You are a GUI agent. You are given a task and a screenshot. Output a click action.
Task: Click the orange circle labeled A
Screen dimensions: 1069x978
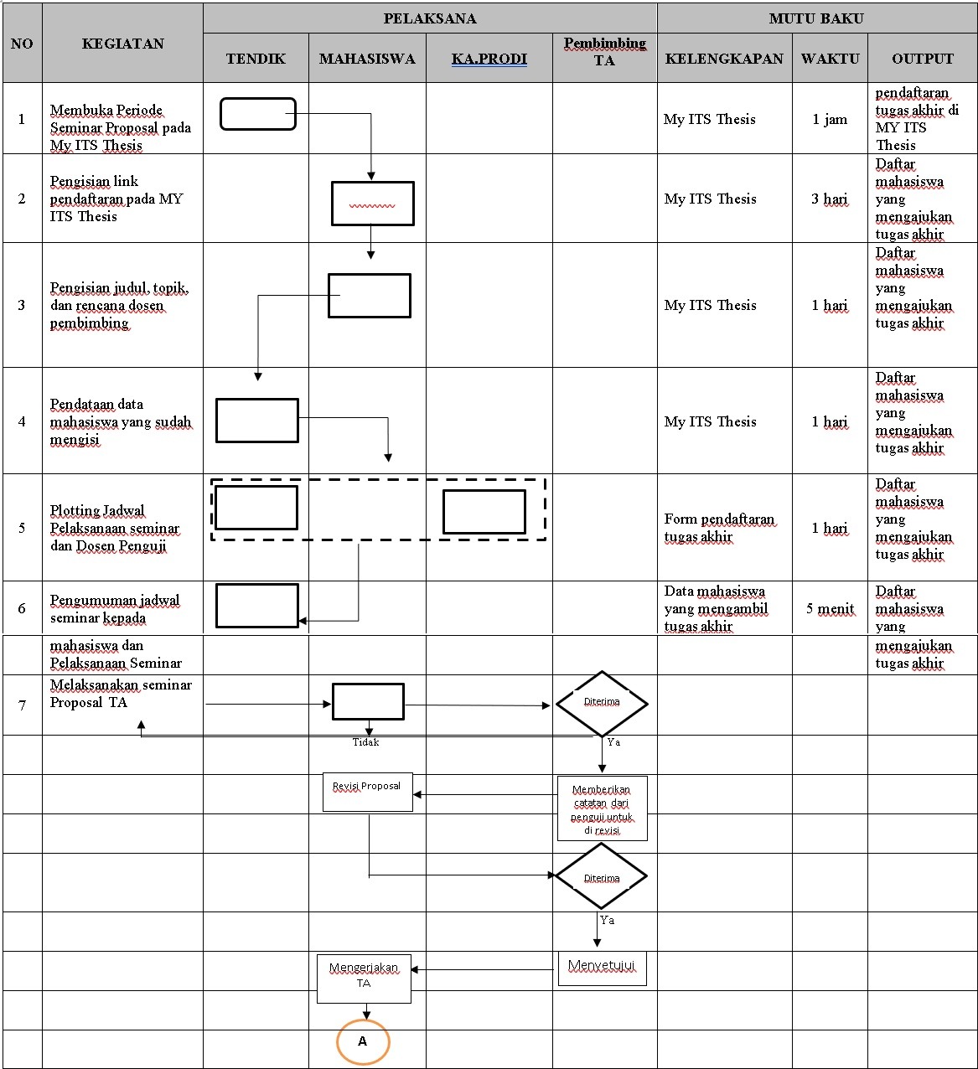click(x=363, y=1041)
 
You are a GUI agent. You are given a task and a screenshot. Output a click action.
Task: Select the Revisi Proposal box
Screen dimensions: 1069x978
click(x=367, y=791)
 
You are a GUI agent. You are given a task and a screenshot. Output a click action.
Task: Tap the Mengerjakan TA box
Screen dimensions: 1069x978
click(x=364, y=978)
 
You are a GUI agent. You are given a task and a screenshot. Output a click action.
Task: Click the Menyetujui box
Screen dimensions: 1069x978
click(x=602, y=968)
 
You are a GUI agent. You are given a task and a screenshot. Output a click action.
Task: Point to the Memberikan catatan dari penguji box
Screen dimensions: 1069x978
click(x=602, y=808)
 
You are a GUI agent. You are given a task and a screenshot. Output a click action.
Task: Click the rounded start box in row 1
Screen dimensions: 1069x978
click(x=258, y=114)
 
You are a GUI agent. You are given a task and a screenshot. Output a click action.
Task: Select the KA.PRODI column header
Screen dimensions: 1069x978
click(x=489, y=59)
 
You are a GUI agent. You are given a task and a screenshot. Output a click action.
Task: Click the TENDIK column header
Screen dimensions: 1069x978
click(x=256, y=59)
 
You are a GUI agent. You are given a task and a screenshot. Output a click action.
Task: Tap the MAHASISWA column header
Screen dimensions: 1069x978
click(x=367, y=59)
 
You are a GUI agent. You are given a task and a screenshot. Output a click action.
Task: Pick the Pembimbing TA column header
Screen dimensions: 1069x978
click(x=604, y=51)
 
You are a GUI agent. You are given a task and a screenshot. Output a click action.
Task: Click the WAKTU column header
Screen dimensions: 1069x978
click(x=830, y=59)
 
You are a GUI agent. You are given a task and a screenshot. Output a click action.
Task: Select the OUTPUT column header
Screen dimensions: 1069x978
click(x=922, y=59)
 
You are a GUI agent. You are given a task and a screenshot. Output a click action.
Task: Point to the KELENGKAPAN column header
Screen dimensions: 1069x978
click(x=724, y=59)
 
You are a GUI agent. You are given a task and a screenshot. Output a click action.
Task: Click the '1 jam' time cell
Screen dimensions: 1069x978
click(x=830, y=119)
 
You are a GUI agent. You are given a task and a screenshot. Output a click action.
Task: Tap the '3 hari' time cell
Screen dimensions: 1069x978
click(x=830, y=199)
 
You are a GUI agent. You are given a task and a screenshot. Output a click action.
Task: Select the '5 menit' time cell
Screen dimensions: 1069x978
click(x=830, y=608)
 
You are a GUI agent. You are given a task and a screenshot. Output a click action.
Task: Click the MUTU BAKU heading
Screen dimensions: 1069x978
click(x=816, y=18)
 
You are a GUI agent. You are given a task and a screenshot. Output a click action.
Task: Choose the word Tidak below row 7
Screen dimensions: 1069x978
click(x=365, y=742)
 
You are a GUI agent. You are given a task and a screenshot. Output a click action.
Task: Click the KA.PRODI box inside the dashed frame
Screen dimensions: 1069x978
click(x=484, y=512)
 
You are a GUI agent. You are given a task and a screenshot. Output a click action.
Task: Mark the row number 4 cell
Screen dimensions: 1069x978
click(x=22, y=421)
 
